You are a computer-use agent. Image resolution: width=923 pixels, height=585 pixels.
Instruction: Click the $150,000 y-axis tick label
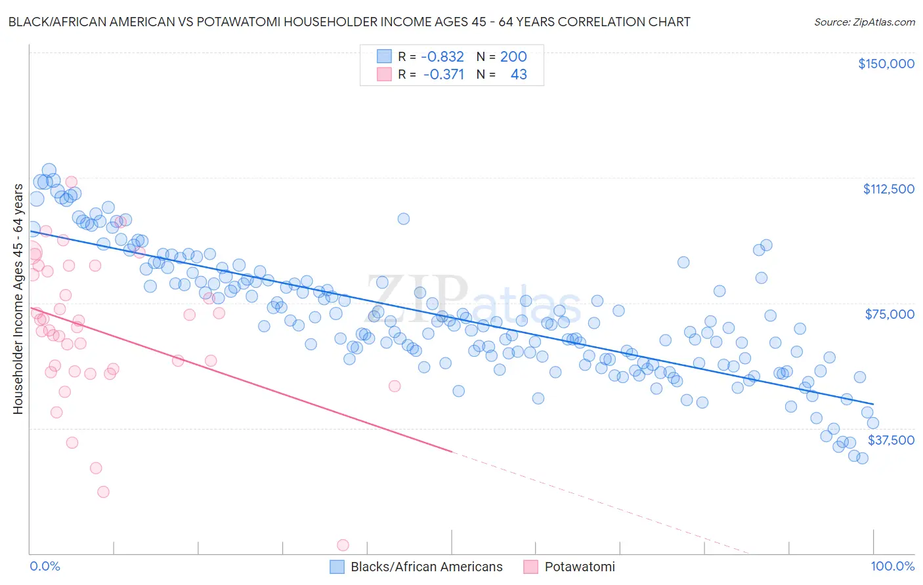click(x=886, y=64)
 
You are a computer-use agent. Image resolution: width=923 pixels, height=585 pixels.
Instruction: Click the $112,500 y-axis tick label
click(x=888, y=189)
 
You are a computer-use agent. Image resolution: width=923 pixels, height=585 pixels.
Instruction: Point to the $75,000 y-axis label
click(x=890, y=314)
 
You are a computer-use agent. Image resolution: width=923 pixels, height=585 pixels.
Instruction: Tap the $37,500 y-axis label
click(x=891, y=440)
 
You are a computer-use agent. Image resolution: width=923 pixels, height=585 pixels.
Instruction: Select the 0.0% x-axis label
click(x=45, y=566)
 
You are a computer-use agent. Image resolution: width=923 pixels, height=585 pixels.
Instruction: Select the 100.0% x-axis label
click(x=892, y=566)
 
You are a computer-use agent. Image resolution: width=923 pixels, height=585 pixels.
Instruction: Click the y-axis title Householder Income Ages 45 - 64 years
click(x=18, y=299)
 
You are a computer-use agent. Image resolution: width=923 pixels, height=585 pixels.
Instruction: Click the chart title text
click(x=349, y=22)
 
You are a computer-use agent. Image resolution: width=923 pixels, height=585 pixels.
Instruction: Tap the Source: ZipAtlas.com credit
click(x=864, y=22)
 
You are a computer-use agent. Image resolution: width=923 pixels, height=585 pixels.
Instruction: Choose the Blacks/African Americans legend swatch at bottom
click(x=337, y=567)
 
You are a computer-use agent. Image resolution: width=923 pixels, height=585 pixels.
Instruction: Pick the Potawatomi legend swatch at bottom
click(x=530, y=567)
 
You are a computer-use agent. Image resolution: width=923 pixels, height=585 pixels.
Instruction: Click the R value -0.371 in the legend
click(x=443, y=74)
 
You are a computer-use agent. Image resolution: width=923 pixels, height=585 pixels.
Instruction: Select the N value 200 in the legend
click(x=513, y=56)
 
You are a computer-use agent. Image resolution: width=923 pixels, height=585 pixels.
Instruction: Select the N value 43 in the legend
click(x=519, y=74)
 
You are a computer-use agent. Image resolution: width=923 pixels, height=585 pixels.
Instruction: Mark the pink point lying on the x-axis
click(x=343, y=545)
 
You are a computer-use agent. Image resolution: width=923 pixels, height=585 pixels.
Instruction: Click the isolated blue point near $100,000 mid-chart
click(x=404, y=218)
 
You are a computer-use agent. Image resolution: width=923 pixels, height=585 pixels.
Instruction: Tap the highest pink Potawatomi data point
click(x=72, y=182)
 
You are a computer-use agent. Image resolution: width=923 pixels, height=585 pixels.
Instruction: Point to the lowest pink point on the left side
click(x=103, y=492)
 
